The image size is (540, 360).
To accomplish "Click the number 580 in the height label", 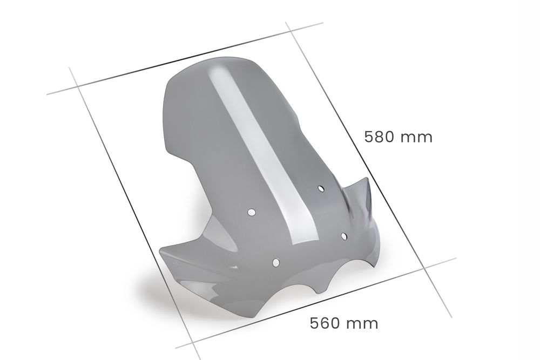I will [380, 137].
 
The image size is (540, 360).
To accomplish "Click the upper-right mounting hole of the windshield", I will [321, 189].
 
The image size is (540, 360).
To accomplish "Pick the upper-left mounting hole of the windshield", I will [252, 212].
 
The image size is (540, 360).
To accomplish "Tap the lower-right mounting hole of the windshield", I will [344, 235].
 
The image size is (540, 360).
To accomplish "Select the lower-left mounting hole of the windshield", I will [275, 263].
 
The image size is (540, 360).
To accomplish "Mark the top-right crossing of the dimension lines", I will [291, 31].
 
